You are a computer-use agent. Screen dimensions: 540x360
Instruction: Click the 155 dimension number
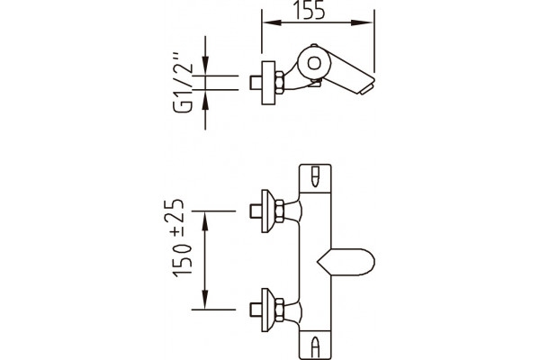(310, 9)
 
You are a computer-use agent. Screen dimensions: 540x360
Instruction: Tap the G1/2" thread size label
(183, 83)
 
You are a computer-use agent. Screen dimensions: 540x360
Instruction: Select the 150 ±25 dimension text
(182, 238)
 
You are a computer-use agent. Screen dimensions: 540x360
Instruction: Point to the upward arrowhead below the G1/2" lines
(205, 100)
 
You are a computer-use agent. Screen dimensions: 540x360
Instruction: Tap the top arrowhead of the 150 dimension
(205, 221)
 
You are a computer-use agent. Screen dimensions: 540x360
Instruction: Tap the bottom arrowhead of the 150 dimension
(205, 299)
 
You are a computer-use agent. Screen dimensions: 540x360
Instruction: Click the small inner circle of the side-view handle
(314, 63)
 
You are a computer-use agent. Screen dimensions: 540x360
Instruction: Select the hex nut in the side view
(279, 83)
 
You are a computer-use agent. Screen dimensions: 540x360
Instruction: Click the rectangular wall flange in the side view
(268, 83)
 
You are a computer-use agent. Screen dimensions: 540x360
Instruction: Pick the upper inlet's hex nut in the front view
(279, 211)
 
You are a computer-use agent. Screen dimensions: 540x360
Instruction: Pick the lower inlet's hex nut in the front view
(279, 310)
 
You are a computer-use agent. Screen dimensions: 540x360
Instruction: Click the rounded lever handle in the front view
(346, 262)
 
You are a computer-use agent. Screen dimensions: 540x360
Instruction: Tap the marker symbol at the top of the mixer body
(315, 176)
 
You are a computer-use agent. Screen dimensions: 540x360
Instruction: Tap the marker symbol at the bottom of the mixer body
(315, 347)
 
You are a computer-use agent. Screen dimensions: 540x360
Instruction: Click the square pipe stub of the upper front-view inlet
(256, 211)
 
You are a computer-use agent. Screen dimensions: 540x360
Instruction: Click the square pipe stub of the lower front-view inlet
(256, 310)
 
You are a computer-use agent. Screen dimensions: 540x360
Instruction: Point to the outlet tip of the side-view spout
(367, 88)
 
